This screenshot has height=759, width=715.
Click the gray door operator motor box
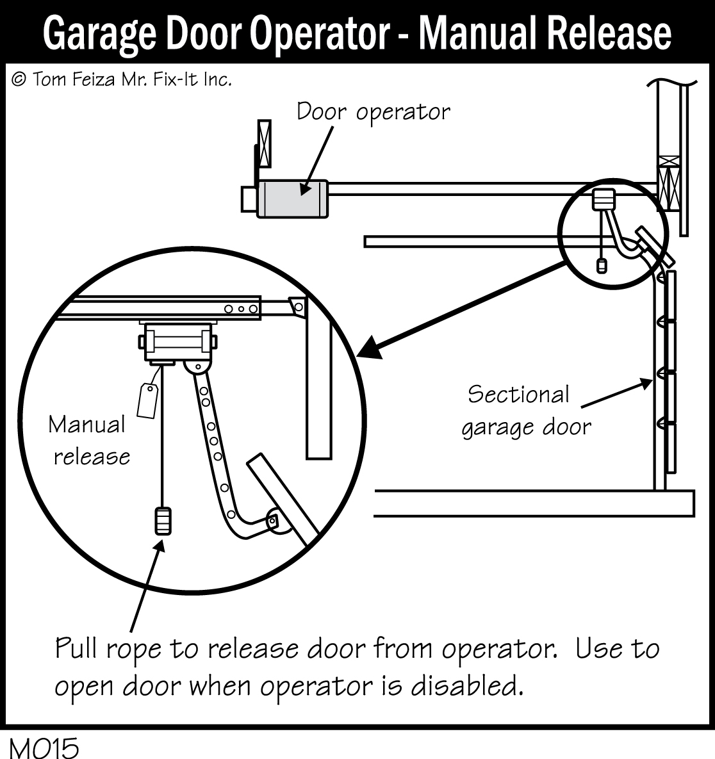[292, 198]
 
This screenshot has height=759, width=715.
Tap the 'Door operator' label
[373, 112]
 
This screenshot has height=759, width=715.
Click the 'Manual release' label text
[88, 441]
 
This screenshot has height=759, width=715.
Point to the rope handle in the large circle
[163, 521]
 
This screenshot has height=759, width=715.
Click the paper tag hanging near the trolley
[148, 400]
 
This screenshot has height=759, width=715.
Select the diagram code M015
[44, 747]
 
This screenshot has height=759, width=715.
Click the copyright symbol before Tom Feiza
[19, 79]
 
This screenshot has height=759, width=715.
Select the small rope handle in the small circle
[601, 265]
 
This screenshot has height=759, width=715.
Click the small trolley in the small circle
[602, 199]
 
